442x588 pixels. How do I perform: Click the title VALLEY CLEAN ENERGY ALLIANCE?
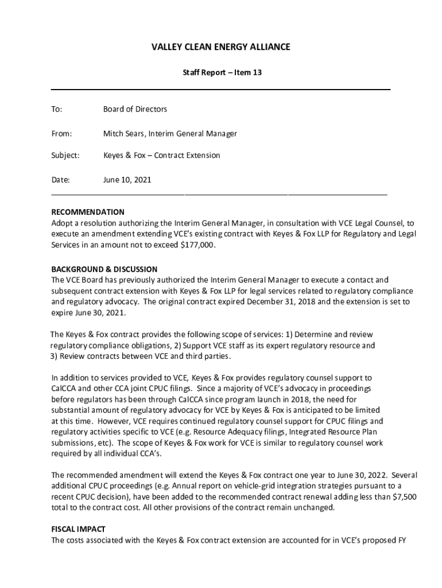tap(221, 47)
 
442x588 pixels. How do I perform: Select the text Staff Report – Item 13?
tap(221, 73)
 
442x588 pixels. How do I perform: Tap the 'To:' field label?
tap(57, 109)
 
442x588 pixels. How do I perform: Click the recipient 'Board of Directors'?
tap(135, 109)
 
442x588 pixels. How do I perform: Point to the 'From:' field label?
tap(61, 134)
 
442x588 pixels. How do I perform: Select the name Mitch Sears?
tap(124, 134)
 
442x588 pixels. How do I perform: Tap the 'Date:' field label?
tap(60, 180)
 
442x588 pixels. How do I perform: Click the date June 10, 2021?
tap(127, 180)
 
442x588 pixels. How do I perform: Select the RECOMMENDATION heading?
tap(88, 212)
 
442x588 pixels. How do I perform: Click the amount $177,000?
tap(197, 245)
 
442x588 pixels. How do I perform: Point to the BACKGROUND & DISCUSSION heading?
tap(104, 269)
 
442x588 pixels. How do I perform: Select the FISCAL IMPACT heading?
tap(78, 529)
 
